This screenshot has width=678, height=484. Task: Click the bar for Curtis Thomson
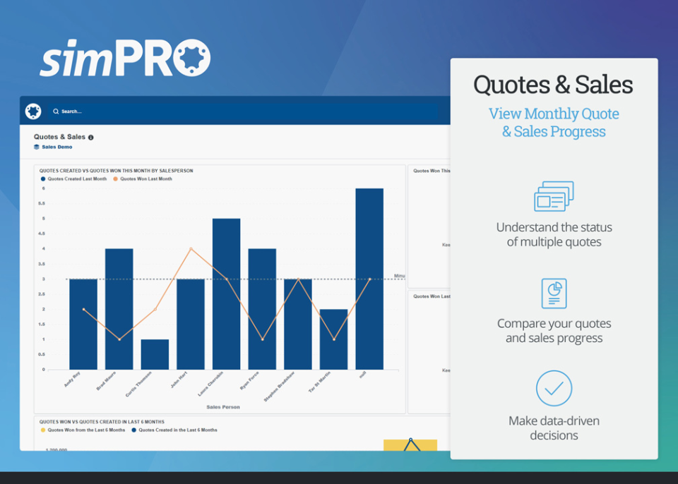155,354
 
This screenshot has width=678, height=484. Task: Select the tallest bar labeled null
369,279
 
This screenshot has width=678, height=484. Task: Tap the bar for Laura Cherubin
226,294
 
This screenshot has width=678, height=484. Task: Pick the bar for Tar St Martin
333,339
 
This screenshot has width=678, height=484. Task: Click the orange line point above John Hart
191,248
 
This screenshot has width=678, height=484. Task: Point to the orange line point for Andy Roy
83,309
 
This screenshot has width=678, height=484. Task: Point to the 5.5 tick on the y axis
43,203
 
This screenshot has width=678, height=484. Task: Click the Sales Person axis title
222,407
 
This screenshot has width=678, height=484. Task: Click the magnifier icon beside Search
56,111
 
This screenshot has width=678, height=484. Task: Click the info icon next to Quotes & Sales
91,138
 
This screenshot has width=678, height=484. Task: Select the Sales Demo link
56,147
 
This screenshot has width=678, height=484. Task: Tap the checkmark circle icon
554,388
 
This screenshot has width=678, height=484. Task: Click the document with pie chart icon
554,293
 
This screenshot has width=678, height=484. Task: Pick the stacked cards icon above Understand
554,196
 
